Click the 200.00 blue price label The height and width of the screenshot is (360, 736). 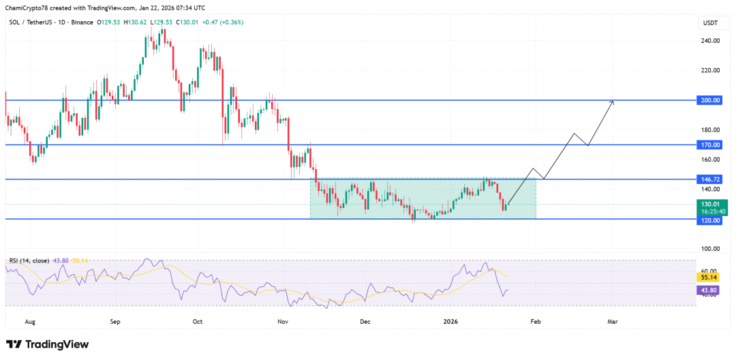[x=711, y=100]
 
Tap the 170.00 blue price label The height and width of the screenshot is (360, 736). [x=711, y=145]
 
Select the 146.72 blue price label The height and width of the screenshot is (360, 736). [x=711, y=179]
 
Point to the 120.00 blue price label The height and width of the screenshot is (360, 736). [x=711, y=220]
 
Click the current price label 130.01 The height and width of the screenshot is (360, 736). [x=711, y=204]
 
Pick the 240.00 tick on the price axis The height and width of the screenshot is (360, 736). [x=711, y=41]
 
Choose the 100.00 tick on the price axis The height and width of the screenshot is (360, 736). [x=711, y=249]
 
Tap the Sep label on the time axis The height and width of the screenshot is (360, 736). [x=114, y=320]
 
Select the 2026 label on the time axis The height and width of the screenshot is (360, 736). [x=450, y=320]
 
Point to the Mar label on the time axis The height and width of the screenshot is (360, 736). [x=612, y=320]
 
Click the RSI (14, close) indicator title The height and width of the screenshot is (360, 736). [x=33, y=260]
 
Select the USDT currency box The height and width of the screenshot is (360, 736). [x=710, y=23]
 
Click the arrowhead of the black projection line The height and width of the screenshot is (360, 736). [x=613, y=102]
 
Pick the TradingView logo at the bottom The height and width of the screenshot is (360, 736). [x=47, y=344]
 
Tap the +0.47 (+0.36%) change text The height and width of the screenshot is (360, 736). [x=219, y=22]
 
